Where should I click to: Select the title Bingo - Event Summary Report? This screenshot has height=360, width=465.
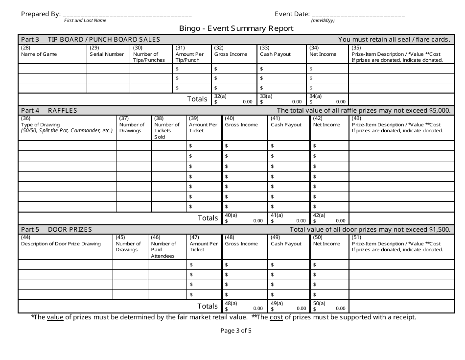(x=236, y=28)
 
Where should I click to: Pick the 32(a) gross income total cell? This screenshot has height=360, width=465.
(x=233, y=99)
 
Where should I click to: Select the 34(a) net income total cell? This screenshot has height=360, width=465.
(x=327, y=99)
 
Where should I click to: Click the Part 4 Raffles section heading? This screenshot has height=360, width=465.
(x=49, y=111)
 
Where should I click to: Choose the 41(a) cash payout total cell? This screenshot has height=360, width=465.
(x=288, y=218)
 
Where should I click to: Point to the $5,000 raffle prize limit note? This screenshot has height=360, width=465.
(x=363, y=111)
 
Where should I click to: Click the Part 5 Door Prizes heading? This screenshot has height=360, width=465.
(x=56, y=229)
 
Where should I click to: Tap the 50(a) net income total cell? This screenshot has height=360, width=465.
(x=329, y=306)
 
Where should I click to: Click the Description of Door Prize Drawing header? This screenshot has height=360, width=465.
(x=61, y=243)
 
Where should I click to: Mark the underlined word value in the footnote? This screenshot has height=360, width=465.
(x=55, y=317)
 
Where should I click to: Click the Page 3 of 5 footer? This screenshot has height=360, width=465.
(x=236, y=331)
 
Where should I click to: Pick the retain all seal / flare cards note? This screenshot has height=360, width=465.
(x=394, y=40)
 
